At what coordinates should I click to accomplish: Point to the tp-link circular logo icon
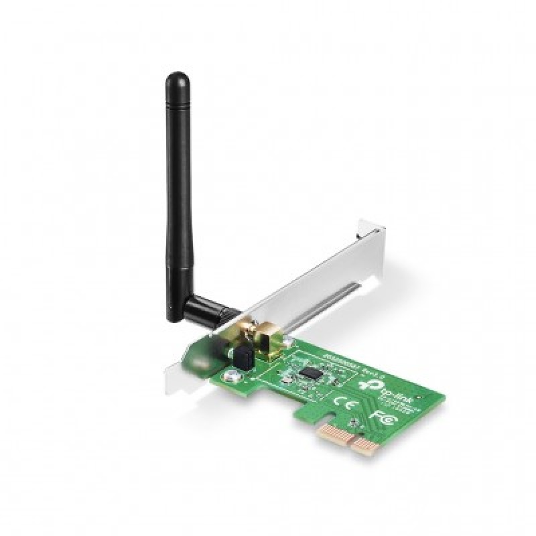(366, 390)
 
